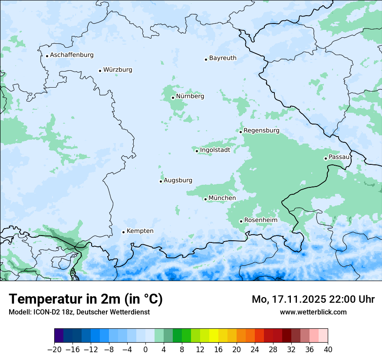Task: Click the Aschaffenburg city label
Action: click(72, 55)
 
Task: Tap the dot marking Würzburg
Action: click(100, 71)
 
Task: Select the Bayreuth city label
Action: click(223, 58)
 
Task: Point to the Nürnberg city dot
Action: click(173, 98)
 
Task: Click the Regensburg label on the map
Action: click(261, 131)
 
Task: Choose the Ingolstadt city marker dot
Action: click(197, 151)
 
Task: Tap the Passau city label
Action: click(339, 157)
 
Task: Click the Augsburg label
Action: click(178, 180)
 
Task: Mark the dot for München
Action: click(205, 199)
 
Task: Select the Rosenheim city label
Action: click(260, 220)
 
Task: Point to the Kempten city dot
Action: click(123, 232)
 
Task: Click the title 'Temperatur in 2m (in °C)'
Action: click(86, 299)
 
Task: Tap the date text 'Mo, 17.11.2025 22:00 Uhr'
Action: click(313, 299)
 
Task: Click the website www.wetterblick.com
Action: click(313, 312)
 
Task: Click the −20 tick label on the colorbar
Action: click(54, 350)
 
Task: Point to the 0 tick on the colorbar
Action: click(145, 350)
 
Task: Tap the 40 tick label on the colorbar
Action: click(328, 350)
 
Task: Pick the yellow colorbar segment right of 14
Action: click(214, 336)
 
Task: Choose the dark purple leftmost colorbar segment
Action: click(59, 336)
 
